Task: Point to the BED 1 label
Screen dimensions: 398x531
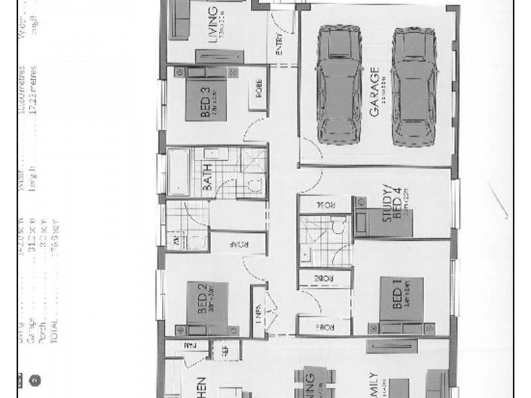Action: pyautogui.click(x=386, y=295)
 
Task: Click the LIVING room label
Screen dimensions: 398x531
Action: pyautogui.click(x=212, y=24)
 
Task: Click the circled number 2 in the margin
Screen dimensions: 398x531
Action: pyautogui.click(x=35, y=380)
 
